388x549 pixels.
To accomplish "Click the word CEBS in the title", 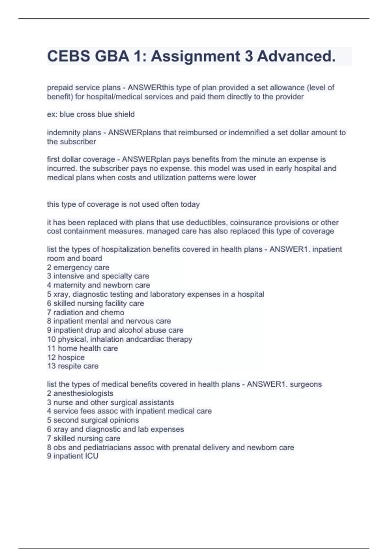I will click(68, 56).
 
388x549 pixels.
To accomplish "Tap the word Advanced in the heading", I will click(296, 56).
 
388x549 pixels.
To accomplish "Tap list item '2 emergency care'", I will click(78, 267).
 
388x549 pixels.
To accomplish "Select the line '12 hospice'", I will click(66, 357).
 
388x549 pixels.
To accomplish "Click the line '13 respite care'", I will click(73, 366).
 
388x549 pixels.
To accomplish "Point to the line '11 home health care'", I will click(82, 348).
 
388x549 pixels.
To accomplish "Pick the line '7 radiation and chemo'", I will click(85, 312).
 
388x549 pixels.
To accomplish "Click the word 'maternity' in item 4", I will click(69, 285).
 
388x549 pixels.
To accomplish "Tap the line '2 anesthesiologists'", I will click(80, 393).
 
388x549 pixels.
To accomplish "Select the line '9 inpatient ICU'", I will click(72, 456).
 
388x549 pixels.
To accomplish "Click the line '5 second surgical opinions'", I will click(93, 420).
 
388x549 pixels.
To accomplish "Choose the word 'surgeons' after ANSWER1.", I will click(306, 384).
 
